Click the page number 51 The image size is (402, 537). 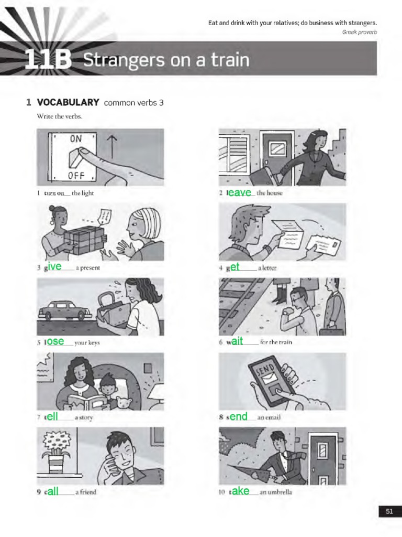tap(389, 512)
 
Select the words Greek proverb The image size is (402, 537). tap(360, 32)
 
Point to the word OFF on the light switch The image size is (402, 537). tap(76, 174)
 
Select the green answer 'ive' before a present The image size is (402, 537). tap(55, 267)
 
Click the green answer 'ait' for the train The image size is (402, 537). tap(238, 341)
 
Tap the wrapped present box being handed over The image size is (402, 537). tap(84, 241)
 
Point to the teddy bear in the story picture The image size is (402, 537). tap(124, 403)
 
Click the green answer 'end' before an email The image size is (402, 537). tap(239, 417)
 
